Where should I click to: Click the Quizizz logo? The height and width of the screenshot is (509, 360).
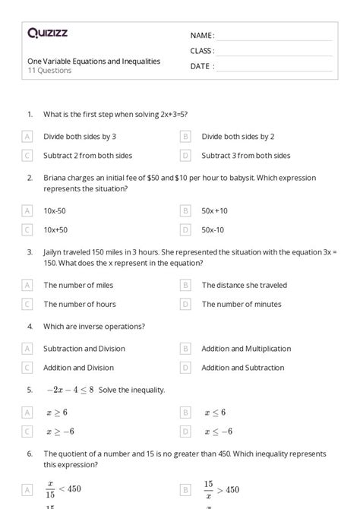(x=47, y=33)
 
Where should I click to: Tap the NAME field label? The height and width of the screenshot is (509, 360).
(x=202, y=36)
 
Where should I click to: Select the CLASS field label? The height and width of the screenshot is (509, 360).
(x=202, y=51)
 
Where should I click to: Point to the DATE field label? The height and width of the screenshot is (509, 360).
(x=201, y=66)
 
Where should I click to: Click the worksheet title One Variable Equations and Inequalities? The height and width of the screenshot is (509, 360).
(x=93, y=62)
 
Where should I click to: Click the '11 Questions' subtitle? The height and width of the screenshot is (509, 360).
(x=49, y=71)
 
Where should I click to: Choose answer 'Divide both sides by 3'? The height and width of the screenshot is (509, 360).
(x=80, y=137)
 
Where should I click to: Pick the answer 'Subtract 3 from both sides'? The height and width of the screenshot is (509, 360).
(x=245, y=156)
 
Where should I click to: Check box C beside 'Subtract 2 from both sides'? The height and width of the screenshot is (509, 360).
(x=27, y=156)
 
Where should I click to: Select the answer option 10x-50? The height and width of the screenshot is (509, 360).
(x=55, y=210)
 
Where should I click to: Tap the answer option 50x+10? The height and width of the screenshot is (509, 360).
(x=214, y=210)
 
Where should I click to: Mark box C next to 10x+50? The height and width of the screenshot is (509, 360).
(x=27, y=229)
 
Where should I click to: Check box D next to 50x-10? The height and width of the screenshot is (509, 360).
(x=185, y=229)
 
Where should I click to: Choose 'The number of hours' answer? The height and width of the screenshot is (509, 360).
(x=80, y=304)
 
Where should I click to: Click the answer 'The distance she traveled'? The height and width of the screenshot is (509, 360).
(x=244, y=285)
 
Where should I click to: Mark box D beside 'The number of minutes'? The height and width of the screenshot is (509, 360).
(x=185, y=304)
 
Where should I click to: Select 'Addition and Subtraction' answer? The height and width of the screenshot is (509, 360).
(x=242, y=368)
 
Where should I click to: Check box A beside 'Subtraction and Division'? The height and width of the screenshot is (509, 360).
(x=27, y=349)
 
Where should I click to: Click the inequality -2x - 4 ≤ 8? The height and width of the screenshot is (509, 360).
(x=69, y=390)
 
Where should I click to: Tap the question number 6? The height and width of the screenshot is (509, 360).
(x=30, y=454)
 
